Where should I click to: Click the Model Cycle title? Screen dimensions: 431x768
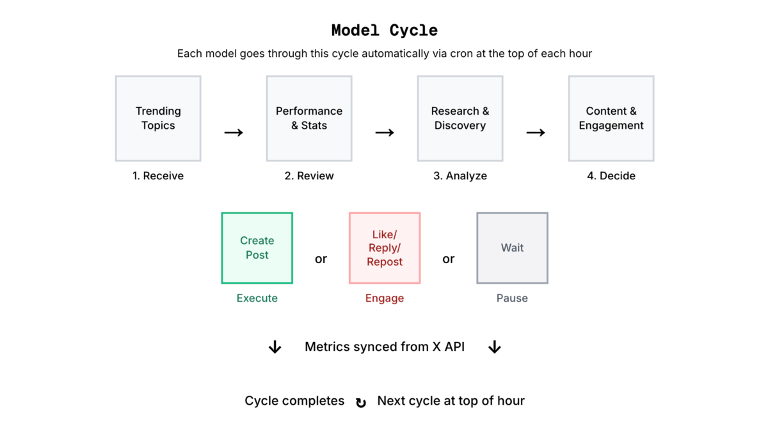click(384, 30)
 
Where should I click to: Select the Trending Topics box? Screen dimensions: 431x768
click(158, 118)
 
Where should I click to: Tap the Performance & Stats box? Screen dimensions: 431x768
click(309, 118)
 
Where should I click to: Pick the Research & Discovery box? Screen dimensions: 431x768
click(460, 118)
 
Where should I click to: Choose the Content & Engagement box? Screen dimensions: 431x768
click(611, 118)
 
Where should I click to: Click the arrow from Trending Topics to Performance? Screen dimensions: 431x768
click(234, 133)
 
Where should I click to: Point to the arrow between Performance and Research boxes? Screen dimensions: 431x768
click(385, 133)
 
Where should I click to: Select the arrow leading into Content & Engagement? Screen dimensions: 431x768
click(536, 133)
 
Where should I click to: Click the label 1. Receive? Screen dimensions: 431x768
click(158, 176)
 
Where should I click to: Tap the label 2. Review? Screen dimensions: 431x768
click(309, 176)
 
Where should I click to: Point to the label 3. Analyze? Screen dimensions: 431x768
click(460, 176)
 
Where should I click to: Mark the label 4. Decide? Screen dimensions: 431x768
click(611, 176)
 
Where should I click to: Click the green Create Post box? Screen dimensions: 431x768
click(257, 248)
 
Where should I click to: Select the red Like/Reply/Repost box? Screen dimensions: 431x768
click(385, 248)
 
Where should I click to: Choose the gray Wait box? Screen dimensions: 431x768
click(512, 248)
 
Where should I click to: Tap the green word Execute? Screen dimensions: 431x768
click(257, 298)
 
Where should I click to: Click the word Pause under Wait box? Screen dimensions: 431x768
click(512, 298)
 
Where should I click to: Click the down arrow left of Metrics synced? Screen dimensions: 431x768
click(275, 347)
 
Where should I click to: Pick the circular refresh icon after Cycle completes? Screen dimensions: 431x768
click(361, 402)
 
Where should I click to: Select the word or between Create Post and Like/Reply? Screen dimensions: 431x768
click(321, 259)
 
